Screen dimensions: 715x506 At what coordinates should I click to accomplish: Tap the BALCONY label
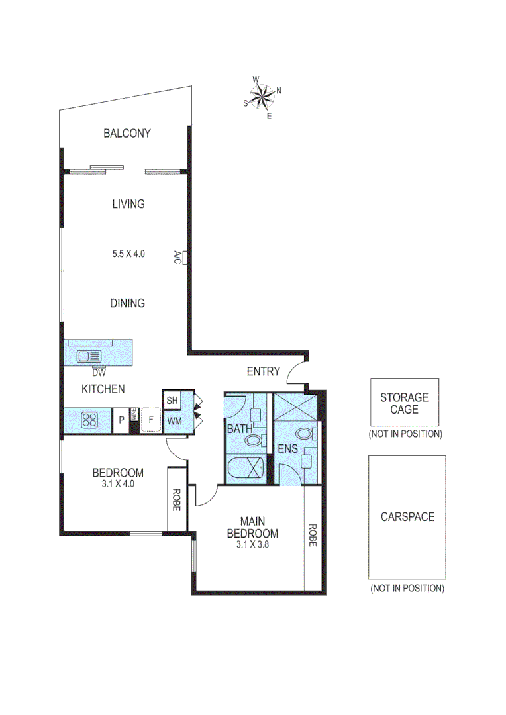pos(127,133)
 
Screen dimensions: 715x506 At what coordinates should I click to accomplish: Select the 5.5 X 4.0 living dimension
pos(128,253)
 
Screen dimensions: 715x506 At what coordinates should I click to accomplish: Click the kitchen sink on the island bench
pos(88,356)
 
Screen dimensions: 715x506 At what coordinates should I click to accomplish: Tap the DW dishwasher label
pos(100,373)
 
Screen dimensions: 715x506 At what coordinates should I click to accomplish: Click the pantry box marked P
pos(121,420)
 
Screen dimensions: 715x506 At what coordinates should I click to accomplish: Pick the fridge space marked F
pos(151,420)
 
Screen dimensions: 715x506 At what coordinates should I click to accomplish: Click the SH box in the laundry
pos(172,401)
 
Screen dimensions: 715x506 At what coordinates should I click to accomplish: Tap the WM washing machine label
pos(174,420)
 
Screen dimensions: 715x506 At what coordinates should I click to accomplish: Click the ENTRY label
pos(263,371)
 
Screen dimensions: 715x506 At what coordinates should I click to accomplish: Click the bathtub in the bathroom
pos(246,469)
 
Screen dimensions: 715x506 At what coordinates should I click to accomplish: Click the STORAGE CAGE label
pos(404,403)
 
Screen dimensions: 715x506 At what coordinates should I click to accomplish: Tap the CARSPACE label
pos(407,517)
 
